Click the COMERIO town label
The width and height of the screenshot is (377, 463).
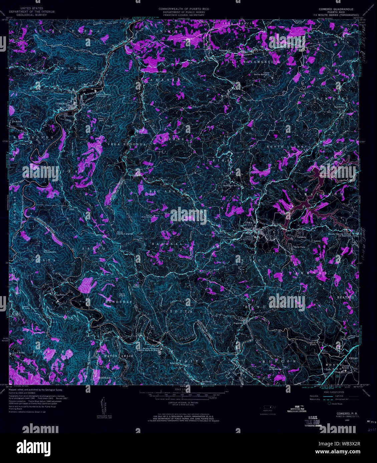(61, 104)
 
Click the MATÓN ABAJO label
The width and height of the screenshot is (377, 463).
(118, 356)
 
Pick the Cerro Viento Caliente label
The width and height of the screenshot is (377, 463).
(124, 233)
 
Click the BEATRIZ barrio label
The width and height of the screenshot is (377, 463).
(345, 297)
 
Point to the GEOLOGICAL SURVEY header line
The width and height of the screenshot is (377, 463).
(32, 15)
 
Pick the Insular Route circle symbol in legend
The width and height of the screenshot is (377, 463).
(329, 403)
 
